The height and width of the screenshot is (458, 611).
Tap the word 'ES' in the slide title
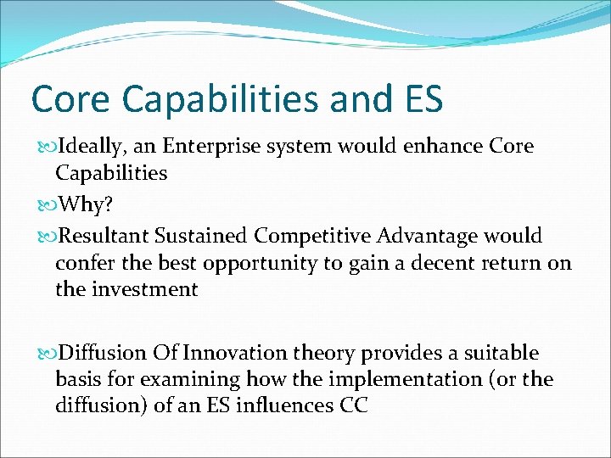418,98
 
